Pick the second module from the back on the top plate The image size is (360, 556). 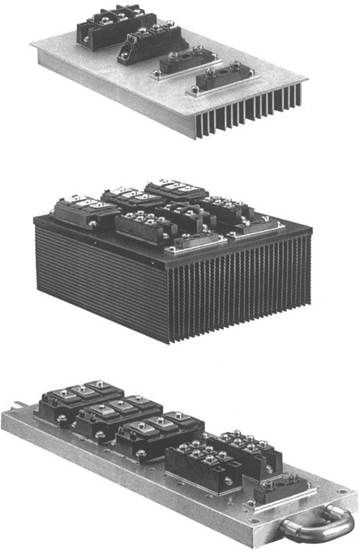[149, 41]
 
